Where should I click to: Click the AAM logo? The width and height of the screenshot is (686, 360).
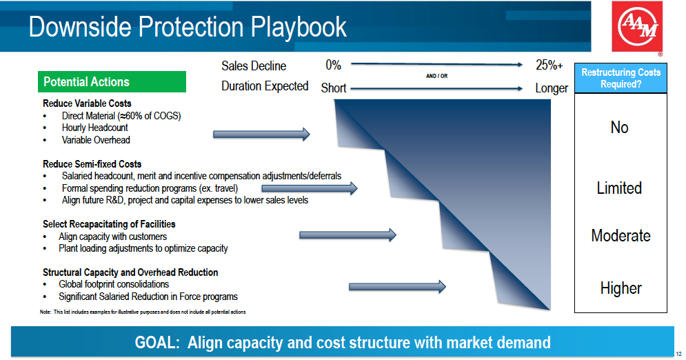click(x=637, y=27)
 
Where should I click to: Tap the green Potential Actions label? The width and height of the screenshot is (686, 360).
click(x=112, y=82)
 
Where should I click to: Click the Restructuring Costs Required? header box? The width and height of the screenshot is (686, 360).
click(x=621, y=79)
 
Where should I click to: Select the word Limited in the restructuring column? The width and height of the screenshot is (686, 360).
click(x=620, y=188)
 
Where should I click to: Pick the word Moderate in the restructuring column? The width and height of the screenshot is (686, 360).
click(x=621, y=236)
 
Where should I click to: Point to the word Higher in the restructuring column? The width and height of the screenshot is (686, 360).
click(x=621, y=288)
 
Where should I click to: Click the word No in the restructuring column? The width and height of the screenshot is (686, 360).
click(x=620, y=128)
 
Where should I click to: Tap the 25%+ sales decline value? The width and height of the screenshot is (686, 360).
click(x=549, y=66)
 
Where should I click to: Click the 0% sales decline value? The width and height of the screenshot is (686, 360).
click(x=334, y=66)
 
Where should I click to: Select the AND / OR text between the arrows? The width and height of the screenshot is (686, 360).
click(x=436, y=76)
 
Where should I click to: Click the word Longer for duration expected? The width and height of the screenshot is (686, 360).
click(x=552, y=88)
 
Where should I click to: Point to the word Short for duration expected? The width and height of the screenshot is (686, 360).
click(x=334, y=88)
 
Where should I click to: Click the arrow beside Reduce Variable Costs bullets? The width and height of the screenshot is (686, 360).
click(x=261, y=134)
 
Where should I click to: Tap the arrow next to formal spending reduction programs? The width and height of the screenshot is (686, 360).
click(x=310, y=188)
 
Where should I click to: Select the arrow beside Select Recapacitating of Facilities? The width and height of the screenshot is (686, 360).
click(x=347, y=235)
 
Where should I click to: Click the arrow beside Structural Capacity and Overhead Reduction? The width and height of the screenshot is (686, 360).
click(x=397, y=287)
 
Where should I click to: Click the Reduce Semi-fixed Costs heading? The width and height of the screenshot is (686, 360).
click(x=92, y=164)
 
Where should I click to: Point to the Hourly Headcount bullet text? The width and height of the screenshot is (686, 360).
click(x=95, y=128)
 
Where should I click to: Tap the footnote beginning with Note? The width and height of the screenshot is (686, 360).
click(x=143, y=312)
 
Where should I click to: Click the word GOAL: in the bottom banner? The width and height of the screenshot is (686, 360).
click(x=157, y=343)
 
